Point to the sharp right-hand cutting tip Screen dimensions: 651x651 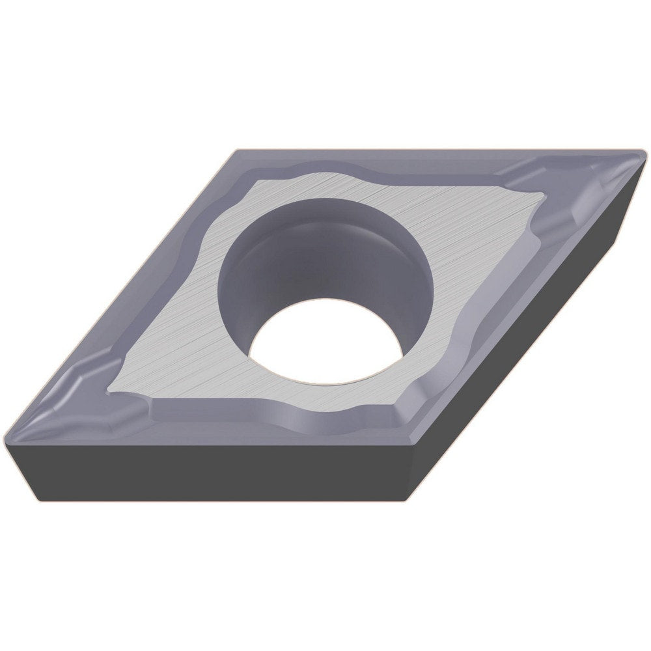point(644,154)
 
